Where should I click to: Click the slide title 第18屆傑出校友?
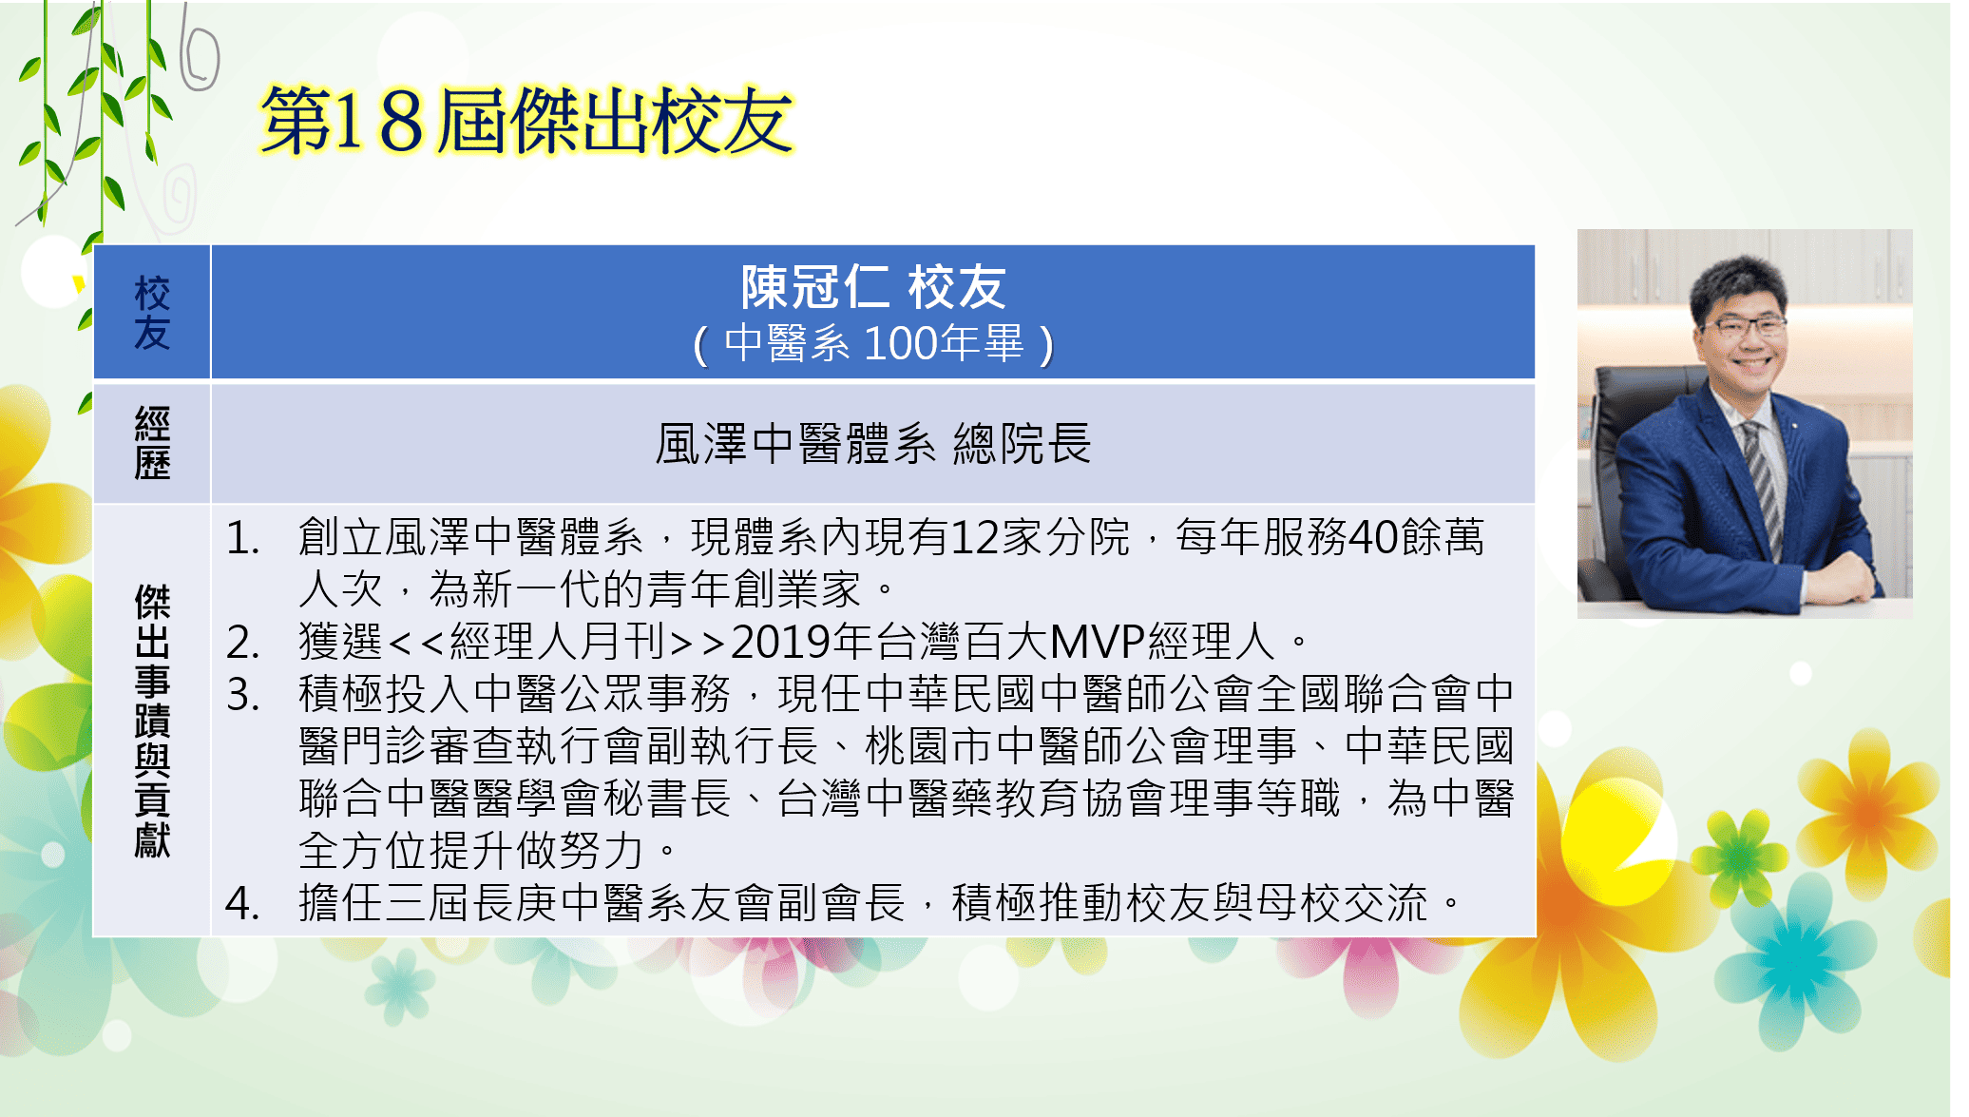pos(526,121)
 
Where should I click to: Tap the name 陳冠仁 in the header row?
pos(815,286)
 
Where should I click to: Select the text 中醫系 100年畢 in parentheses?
pos(873,343)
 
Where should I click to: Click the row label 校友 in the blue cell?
pos(152,313)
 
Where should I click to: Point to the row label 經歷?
pos(152,443)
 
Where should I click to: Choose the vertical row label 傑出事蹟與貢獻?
pos(152,721)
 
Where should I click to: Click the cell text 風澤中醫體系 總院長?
pos(873,443)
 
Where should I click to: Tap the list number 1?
pos(243,538)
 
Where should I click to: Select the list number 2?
pos(243,643)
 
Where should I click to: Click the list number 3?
pos(243,695)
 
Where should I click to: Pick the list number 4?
pos(243,903)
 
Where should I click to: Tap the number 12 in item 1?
pos(975,538)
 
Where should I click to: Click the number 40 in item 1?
pos(1373,538)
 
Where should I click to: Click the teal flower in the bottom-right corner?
pos(1796,960)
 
